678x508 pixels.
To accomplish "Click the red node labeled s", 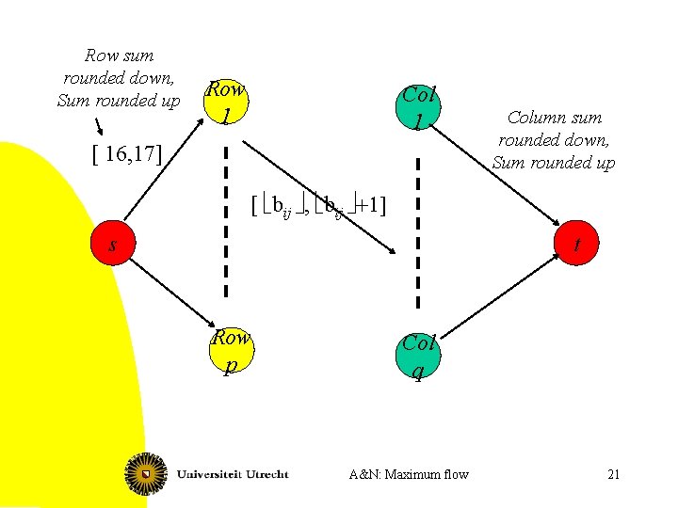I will (x=111, y=245).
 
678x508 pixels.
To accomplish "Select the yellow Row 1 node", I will (x=226, y=102).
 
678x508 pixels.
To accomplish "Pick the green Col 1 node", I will (x=419, y=106).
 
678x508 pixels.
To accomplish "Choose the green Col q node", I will (x=418, y=356).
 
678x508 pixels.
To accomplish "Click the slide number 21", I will (x=613, y=474).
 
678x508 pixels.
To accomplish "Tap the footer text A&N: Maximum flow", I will (x=408, y=474).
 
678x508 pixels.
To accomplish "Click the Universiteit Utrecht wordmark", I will (x=233, y=472).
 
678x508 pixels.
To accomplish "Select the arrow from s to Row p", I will (x=169, y=292).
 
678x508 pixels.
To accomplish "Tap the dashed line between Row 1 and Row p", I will (x=226, y=226).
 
